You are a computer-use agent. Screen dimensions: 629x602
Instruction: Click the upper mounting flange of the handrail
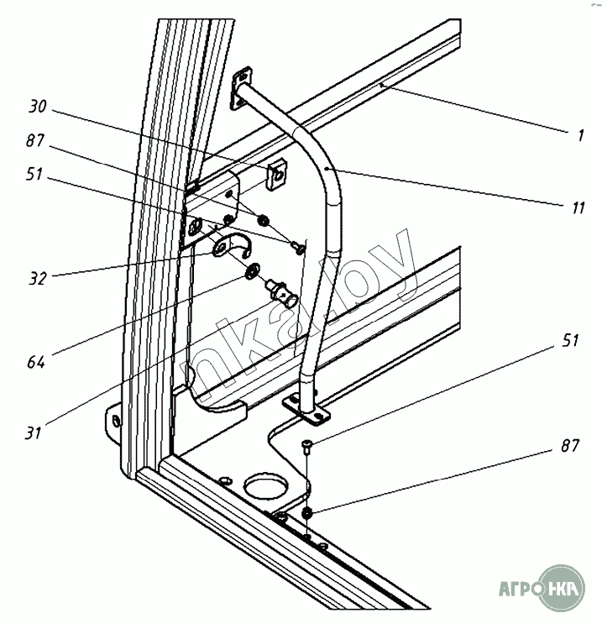point(239,87)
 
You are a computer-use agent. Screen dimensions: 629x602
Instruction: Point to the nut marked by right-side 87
point(306,512)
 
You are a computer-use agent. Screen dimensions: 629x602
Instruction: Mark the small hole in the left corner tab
point(115,419)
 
